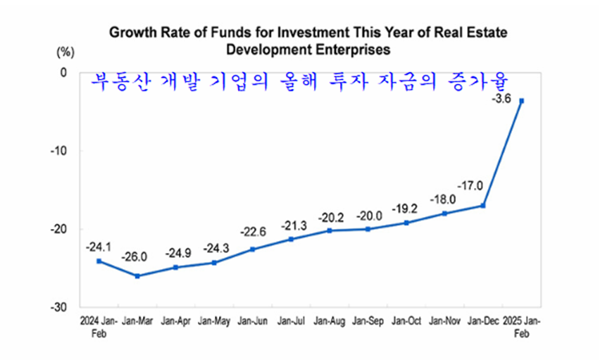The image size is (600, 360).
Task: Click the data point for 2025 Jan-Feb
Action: tap(521, 101)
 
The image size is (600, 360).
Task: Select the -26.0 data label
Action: tap(135, 257)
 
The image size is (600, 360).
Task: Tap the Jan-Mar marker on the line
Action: tap(137, 275)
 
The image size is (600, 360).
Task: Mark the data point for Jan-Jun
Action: tap(253, 249)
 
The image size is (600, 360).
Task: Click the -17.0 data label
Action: tap(472, 187)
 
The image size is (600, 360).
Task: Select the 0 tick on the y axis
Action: tap(63, 72)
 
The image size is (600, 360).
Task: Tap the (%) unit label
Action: tap(65, 51)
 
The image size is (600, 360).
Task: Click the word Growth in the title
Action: tap(130, 33)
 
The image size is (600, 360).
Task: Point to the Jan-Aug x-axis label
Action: tap(328, 321)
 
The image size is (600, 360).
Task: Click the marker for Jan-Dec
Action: tap(482, 206)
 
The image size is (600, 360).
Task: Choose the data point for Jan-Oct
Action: tap(406, 223)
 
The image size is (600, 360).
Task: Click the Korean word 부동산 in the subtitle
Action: tap(122, 82)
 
